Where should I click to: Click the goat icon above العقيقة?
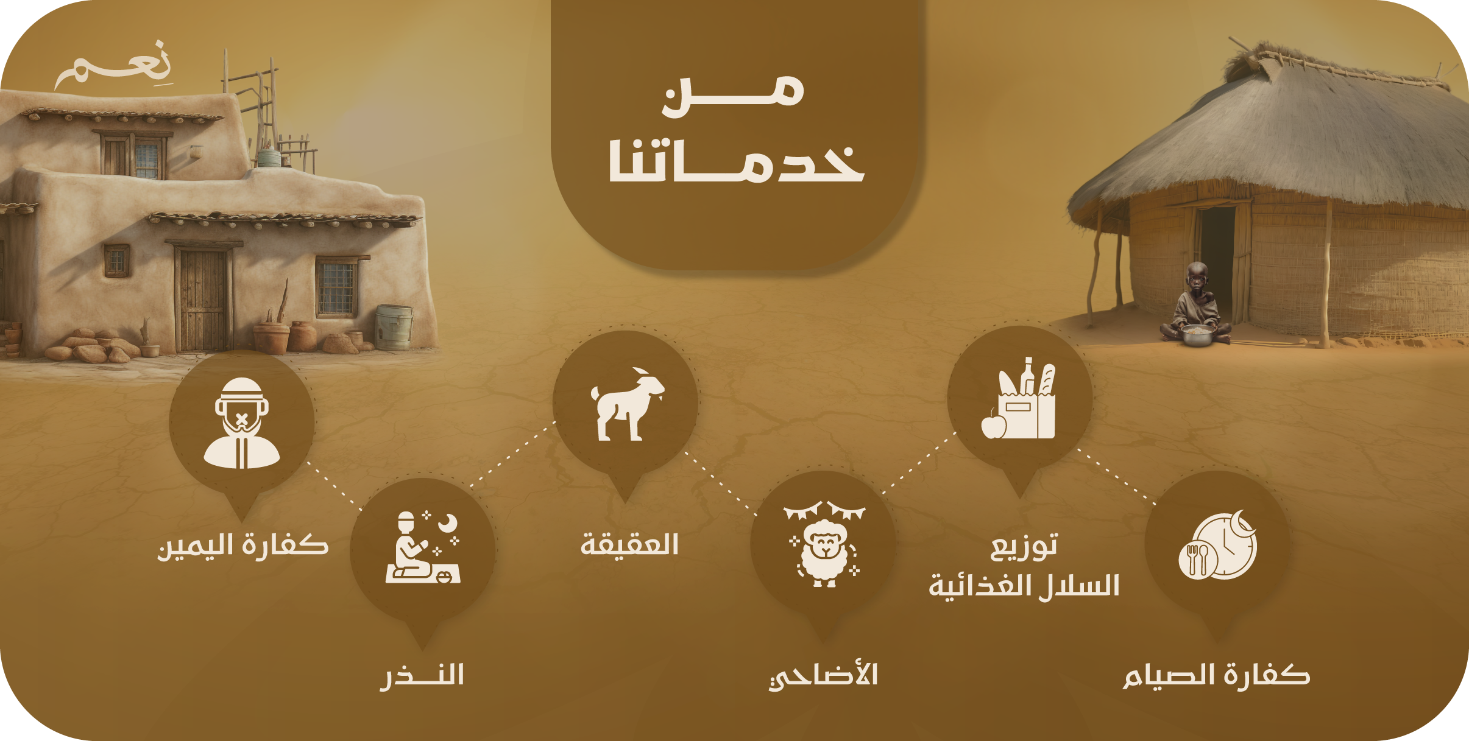point(627,404)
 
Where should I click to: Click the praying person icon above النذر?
point(423,547)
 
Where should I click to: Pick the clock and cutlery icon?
point(1217,545)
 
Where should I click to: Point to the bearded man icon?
point(242,423)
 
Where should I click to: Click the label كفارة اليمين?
point(243,546)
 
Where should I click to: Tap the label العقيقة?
point(629,544)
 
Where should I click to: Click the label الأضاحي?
point(823,675)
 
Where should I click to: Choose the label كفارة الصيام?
point(1216,676)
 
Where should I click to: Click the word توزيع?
point(1024,546)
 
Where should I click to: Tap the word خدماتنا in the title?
point(737,161)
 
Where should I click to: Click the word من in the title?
point(734,96)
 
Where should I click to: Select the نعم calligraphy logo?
point(114,65)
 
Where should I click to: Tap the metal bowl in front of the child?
point(1198,335)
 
